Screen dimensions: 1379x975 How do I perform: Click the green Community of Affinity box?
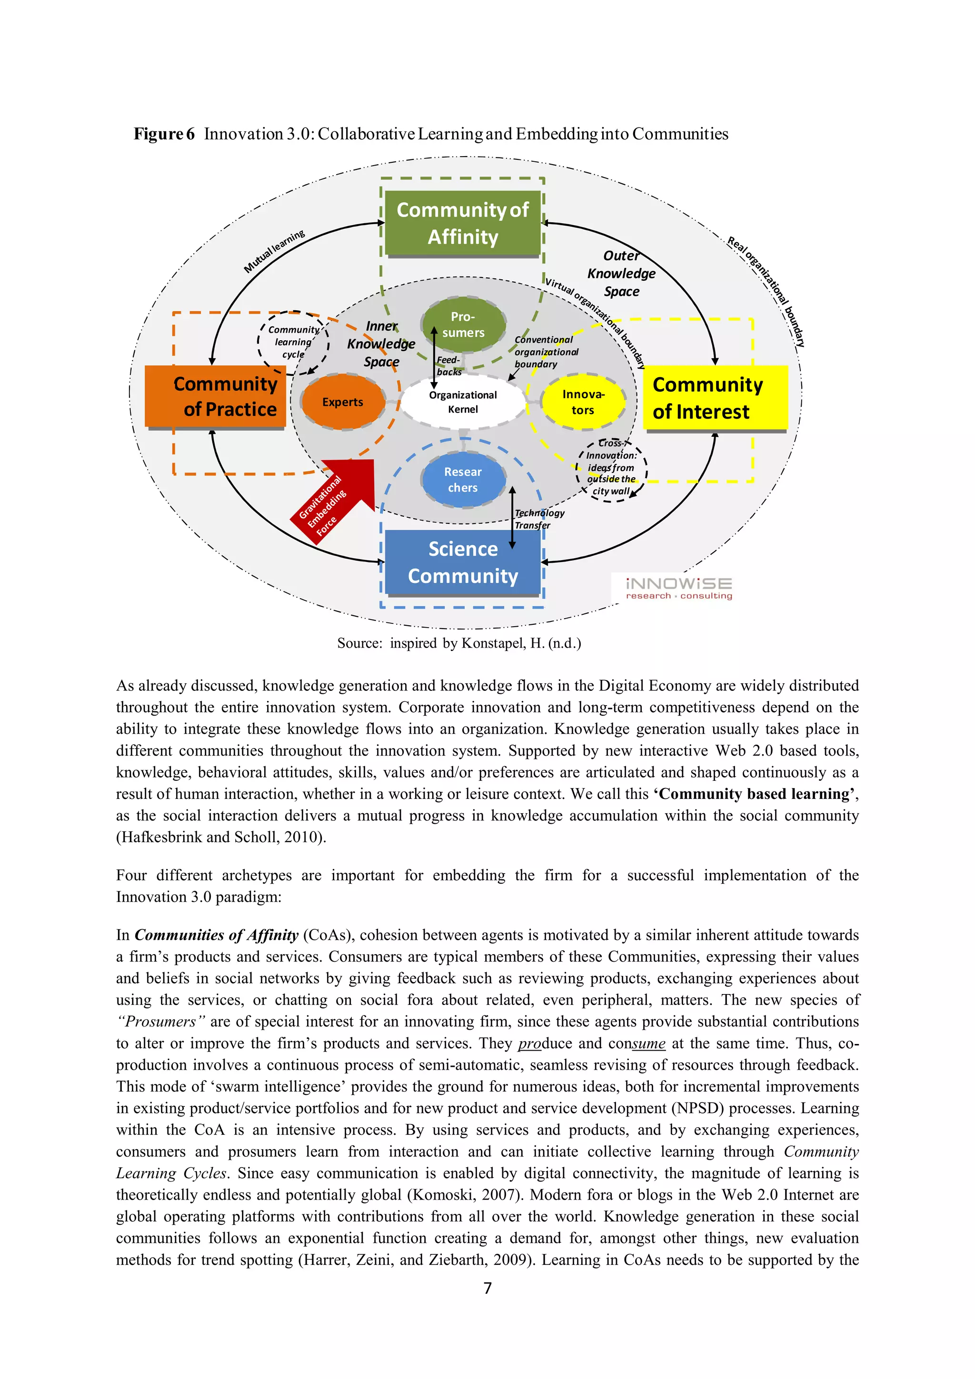pos(463,224)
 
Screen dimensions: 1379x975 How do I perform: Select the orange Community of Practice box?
pos(215,396)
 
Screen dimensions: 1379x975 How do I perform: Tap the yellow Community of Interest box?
pos(715,398)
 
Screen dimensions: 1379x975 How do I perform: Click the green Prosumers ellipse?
pos(463,325)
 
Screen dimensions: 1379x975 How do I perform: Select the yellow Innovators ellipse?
pos(583,402)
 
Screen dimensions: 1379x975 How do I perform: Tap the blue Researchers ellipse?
pos(463,479)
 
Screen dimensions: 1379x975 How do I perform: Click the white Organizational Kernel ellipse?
pos(463,402)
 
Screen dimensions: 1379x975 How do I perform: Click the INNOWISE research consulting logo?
pos(679,587)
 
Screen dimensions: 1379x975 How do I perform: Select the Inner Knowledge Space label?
pos(381,344)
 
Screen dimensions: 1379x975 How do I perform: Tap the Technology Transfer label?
pos(539,519)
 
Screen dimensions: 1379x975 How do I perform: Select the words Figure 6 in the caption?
pos(164,133)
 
